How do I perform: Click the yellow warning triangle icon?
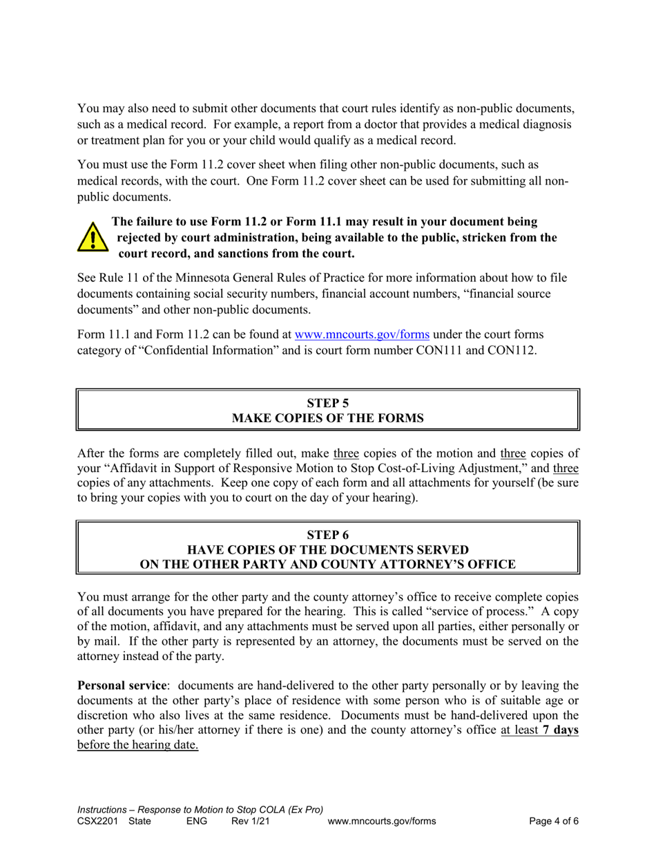(90, 237)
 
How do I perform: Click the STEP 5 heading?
(327, 404)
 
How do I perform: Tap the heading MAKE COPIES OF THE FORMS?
(327, 419)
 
